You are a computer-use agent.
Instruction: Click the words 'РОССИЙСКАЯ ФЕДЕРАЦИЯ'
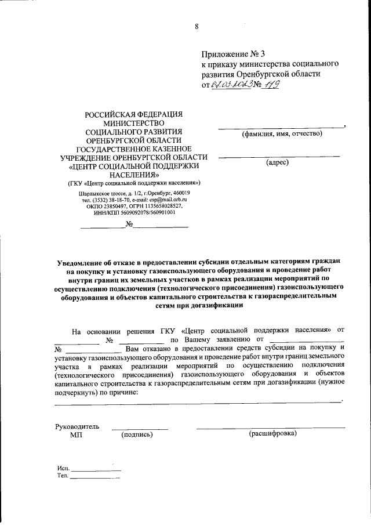(x=134, y=113)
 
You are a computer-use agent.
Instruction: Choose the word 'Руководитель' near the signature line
(x=77, y=426)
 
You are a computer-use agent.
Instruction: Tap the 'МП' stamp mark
(x=76, y=435)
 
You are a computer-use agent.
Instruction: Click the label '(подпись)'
(x=137, y=435)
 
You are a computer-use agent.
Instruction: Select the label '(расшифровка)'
(x=272, y=433)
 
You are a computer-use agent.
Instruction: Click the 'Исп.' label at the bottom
(x=63, y=468)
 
